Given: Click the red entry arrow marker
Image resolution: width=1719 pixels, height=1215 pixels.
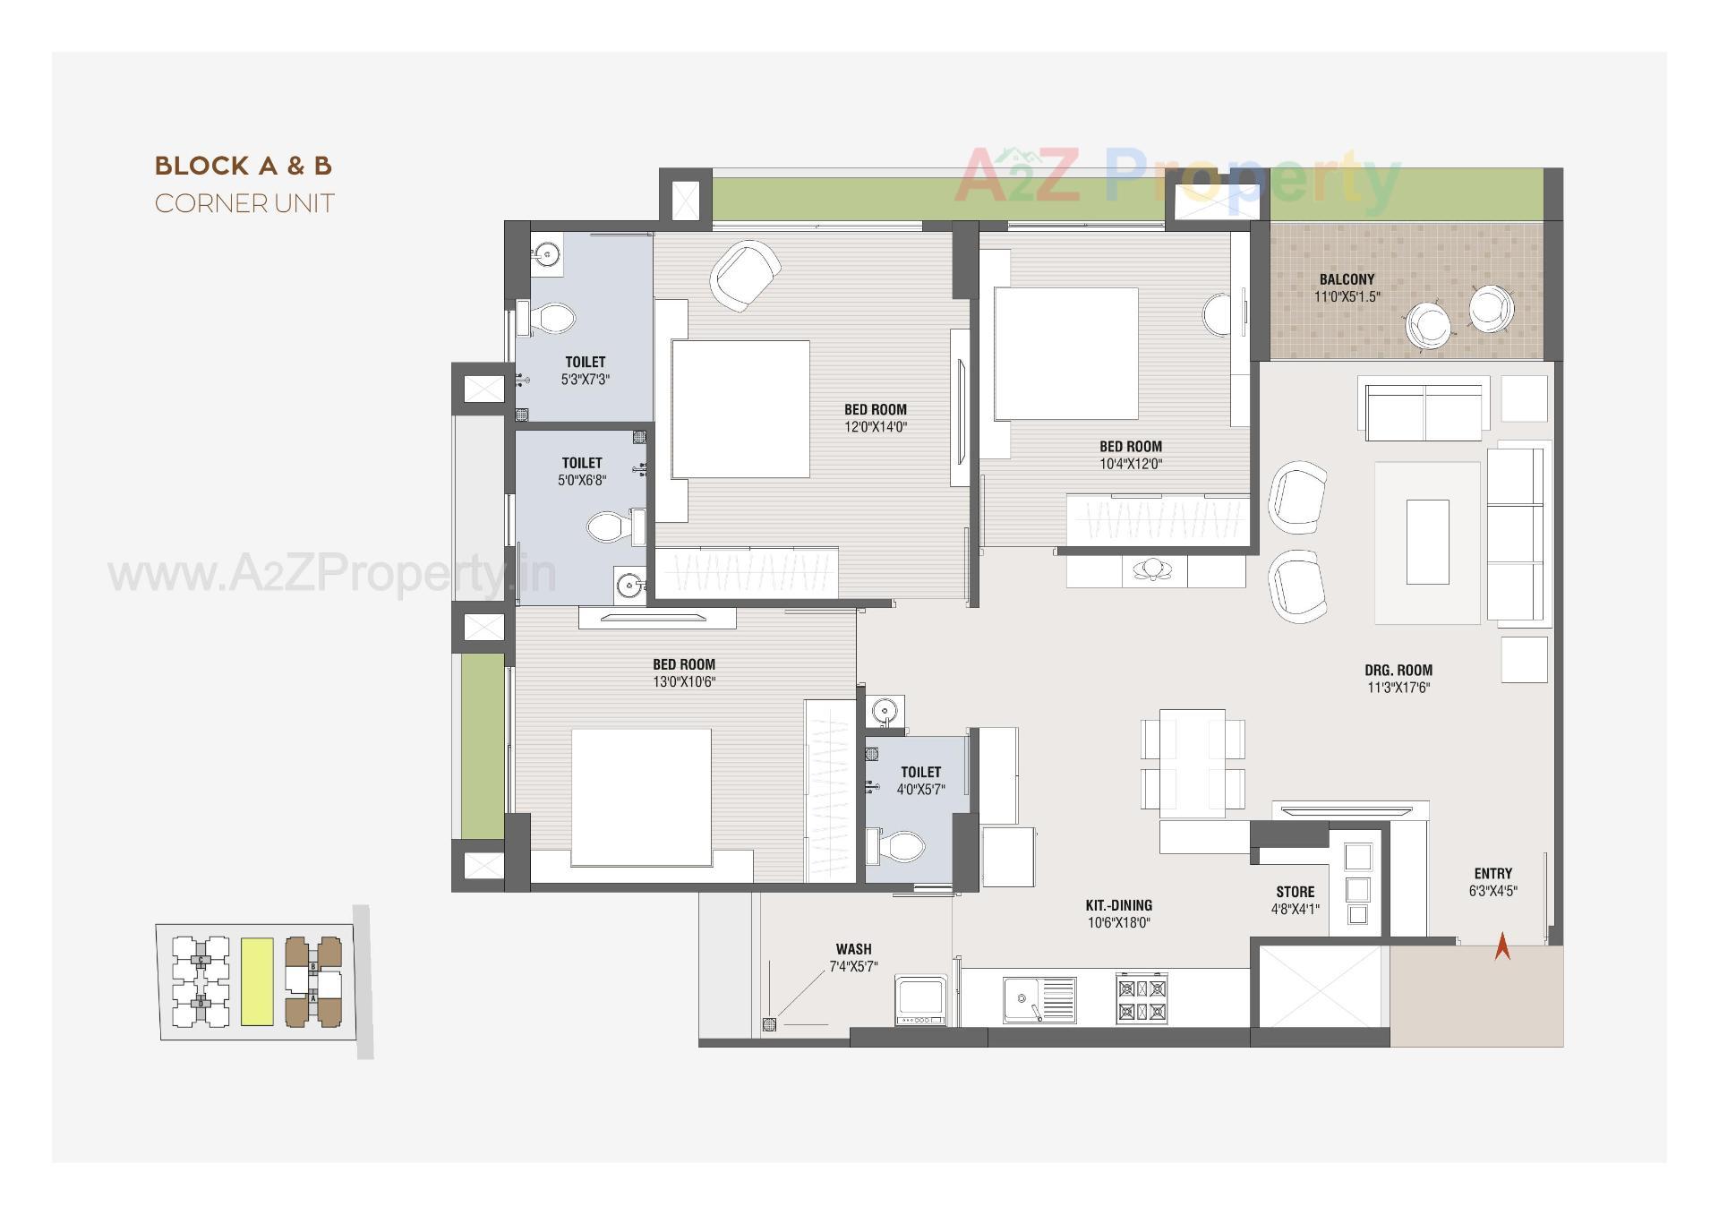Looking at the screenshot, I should [1502, 946].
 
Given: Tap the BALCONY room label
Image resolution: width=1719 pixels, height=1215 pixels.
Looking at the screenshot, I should [1347, 279].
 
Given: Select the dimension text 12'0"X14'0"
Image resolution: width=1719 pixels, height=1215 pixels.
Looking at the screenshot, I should [875, 427].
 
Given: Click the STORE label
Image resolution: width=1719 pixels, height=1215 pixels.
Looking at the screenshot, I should [1295, 892].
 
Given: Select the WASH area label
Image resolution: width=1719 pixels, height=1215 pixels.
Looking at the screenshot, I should [853, 949].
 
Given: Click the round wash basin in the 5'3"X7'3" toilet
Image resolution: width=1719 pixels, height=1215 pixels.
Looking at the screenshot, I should [545, 255].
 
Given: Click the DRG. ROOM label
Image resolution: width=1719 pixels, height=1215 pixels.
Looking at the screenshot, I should [1398, 670].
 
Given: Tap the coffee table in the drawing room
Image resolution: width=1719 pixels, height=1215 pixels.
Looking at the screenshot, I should [1427, 542].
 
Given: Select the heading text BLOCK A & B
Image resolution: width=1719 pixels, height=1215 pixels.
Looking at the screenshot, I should [244, 166].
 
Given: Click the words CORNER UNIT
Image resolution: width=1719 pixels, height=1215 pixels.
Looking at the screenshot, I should [244, 203].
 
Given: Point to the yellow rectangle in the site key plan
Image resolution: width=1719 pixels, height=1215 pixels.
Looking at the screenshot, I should [257, 981].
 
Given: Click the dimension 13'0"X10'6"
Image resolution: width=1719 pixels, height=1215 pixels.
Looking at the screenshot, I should [683, 681].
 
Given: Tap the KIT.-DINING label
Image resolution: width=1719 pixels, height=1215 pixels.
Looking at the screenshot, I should [1118, 905].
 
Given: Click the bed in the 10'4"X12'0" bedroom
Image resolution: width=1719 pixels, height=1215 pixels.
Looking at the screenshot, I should [1065, 353].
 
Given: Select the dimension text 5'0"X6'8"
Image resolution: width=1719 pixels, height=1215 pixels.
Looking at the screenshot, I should [581, 480].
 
